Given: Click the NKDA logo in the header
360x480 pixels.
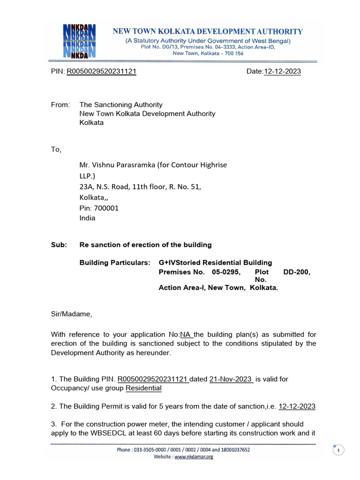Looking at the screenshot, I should click(79, 40).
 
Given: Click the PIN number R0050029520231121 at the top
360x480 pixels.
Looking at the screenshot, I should click(102, 72).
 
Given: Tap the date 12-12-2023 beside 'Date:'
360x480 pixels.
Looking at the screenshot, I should click(282, 72).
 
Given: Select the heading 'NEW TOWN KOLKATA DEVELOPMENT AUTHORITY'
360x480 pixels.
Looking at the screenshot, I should click(207, 31).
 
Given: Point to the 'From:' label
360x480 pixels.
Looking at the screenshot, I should click(60, 105).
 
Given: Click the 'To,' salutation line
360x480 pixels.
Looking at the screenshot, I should click(56, 150).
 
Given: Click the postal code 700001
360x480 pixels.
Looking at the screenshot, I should click(106, 208).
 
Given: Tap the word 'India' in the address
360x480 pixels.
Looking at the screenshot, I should click(87, 218).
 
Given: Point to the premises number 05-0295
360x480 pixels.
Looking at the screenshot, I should click(226, 272).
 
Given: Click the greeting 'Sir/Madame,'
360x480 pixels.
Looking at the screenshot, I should click(72, 315).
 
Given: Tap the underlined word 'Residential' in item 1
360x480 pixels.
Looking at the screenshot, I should click(143, 388).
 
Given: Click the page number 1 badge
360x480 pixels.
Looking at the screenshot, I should click(338, 450).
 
